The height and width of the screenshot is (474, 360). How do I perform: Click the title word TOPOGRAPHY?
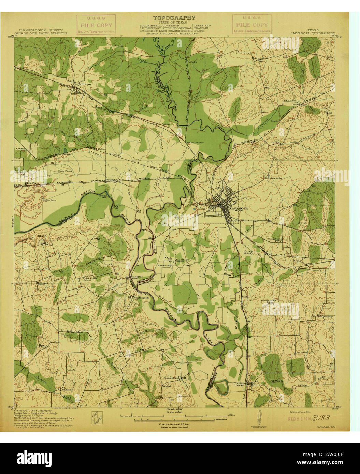click(174, 18)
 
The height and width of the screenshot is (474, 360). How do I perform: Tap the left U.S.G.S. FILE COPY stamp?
click(96, 25)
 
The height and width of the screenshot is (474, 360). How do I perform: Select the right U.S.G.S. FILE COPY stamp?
click(252, 25)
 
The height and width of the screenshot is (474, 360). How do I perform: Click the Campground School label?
click(277, 239)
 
